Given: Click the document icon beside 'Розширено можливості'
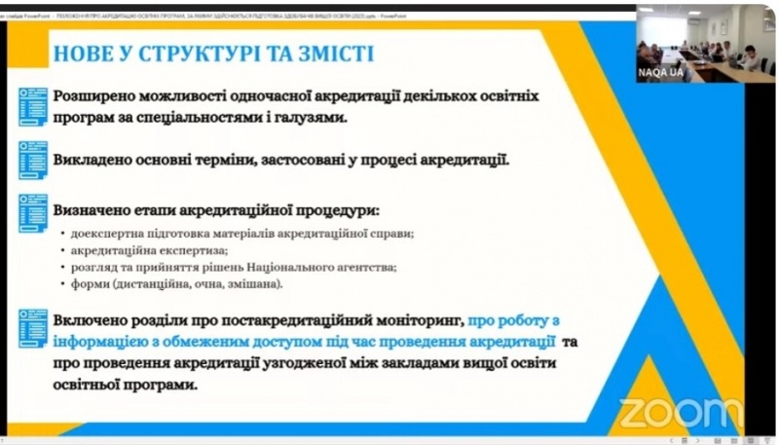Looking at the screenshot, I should tap(33, 106).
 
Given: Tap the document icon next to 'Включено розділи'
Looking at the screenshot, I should tap(33, 328).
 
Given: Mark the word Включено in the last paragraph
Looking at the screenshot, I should tap(93, 319).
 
